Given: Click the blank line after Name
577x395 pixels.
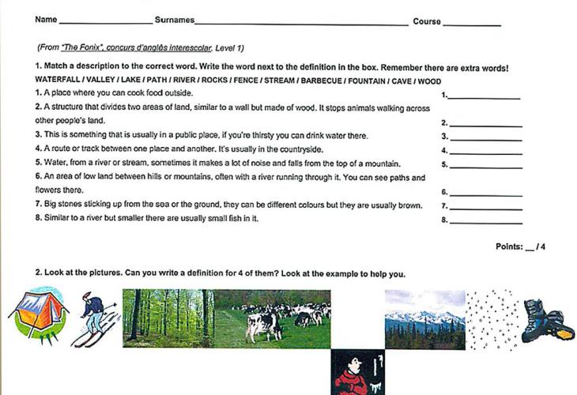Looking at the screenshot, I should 106,22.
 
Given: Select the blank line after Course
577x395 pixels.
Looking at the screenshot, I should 472,24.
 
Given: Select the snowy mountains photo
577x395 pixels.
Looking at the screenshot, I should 424,319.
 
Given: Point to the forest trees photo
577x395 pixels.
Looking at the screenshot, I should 168,316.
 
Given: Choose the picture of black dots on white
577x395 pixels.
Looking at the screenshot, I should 492,319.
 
